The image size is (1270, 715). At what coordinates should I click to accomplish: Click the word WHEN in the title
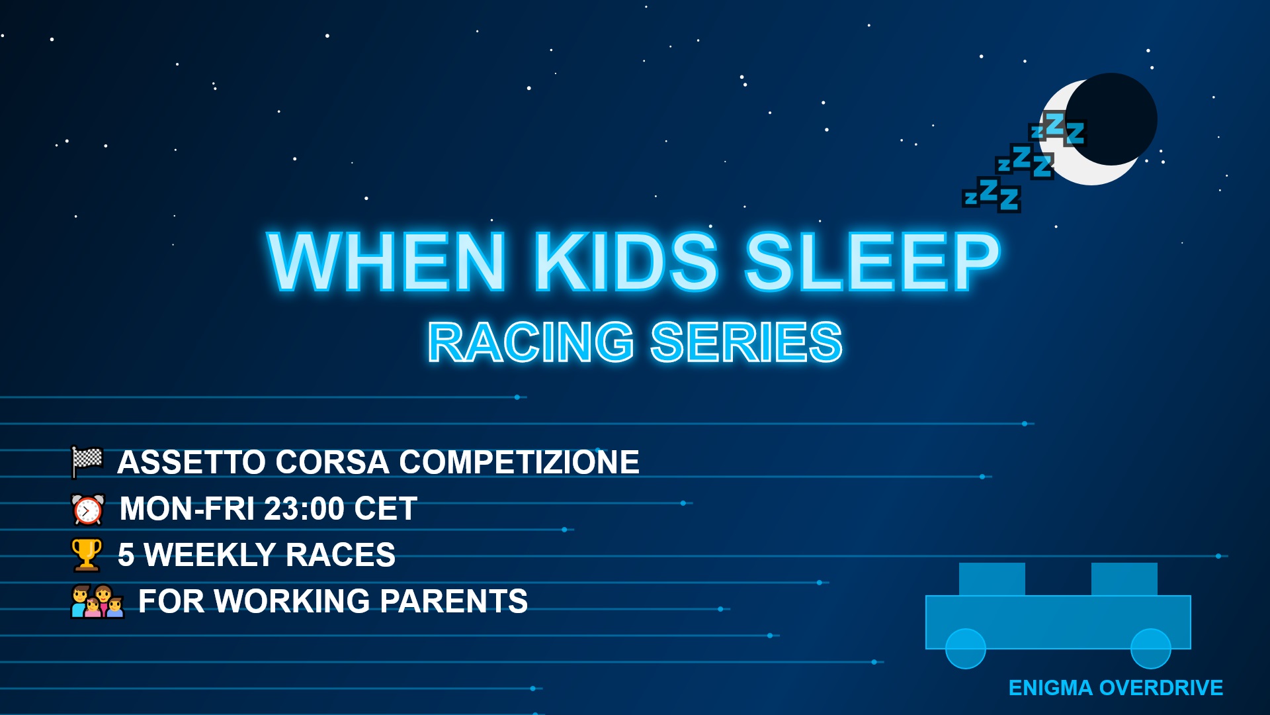[386, 262]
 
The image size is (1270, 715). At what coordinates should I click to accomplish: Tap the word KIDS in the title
[626, 262]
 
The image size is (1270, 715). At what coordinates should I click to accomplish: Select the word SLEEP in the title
[872, 262]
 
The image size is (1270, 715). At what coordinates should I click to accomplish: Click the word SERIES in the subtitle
[746, 342]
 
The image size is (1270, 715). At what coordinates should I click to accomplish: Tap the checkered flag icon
[87, 461]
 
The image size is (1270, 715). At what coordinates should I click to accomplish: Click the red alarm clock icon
[88, 509]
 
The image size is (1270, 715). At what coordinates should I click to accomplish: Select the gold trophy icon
[87, 555]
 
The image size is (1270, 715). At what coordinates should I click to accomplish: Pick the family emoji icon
[97, 601]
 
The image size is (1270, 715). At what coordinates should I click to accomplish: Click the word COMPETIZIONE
[519, 462]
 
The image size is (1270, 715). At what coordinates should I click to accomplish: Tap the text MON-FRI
[187, 509]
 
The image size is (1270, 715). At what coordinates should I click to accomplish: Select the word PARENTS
[454, 601]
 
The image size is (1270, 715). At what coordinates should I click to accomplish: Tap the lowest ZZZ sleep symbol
[992, 195]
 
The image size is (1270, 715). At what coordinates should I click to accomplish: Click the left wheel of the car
[966, 649]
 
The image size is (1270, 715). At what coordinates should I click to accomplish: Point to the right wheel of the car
[1151, 649]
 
